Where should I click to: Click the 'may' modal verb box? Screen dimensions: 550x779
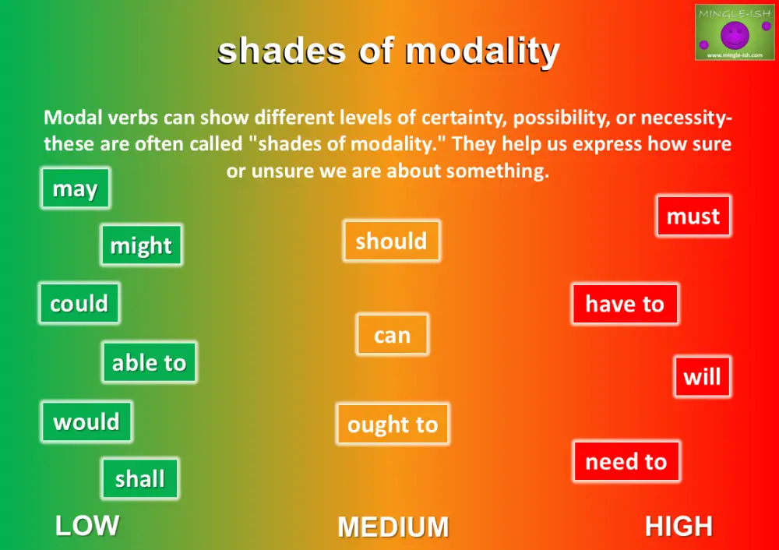pos(75,189)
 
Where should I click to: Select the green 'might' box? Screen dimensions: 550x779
pos(141,245)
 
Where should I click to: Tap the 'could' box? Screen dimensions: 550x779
pos(79,303)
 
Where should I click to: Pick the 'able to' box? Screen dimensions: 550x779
pos(149,362)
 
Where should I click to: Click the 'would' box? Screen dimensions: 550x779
pos(86,421)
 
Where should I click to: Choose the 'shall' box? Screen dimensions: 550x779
pos(140,478)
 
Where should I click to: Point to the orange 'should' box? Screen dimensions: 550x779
pos(391,241)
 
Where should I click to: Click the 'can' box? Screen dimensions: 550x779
pos(392,335)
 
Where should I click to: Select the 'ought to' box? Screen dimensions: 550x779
pos(393,424)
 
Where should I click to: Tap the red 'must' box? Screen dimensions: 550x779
pos(693,216)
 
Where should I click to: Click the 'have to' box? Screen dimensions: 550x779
pos(625,304)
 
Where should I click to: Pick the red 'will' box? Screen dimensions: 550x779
pos(702,377)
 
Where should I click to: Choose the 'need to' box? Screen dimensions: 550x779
pos(626,461)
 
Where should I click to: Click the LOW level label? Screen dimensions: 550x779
pos(87,526)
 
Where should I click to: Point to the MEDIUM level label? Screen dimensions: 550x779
pos(393,527)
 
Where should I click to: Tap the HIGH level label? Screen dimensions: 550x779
pos(679,527)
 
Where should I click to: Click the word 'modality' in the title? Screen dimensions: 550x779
pos(482,51)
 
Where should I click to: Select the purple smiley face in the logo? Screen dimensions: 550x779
pos(735,34)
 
